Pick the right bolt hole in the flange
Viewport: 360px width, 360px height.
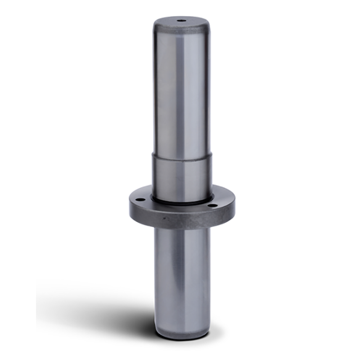point(210,207)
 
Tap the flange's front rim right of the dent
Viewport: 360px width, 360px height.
point(198,220)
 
